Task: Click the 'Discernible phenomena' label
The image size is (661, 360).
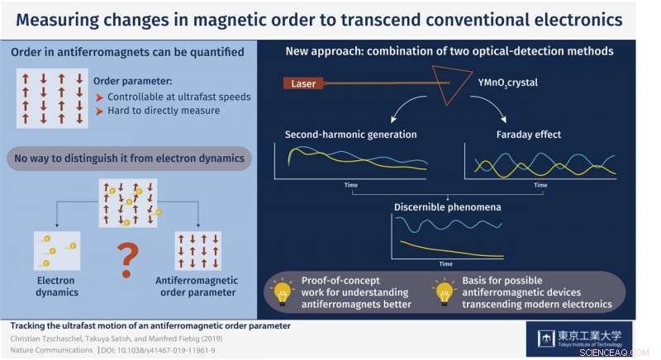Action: coord(448,206)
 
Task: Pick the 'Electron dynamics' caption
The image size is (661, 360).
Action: coord(57,286)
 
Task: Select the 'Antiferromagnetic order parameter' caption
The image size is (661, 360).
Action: coord(197,286)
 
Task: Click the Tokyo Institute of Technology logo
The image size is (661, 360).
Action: coord(579,339)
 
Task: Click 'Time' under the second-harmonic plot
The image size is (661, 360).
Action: coord(350,185)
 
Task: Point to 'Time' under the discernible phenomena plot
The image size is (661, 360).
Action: coord(446,263)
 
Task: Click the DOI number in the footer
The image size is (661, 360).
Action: coord(174,351)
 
